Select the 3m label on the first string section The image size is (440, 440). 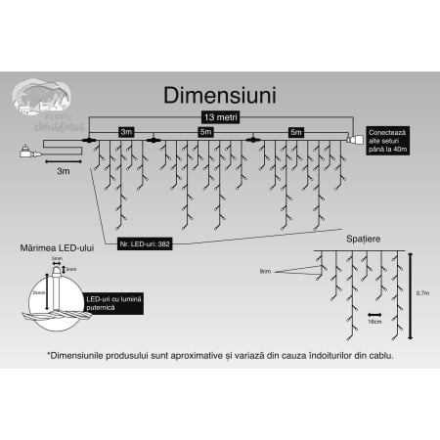coord(126,131)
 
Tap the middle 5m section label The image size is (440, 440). coord(205,131)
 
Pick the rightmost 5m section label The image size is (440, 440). coord(294,131)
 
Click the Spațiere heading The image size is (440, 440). coord(364,238)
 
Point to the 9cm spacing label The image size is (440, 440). coord(292,270)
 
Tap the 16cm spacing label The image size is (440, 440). coord(374,319)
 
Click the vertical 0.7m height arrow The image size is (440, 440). coord(410,290)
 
